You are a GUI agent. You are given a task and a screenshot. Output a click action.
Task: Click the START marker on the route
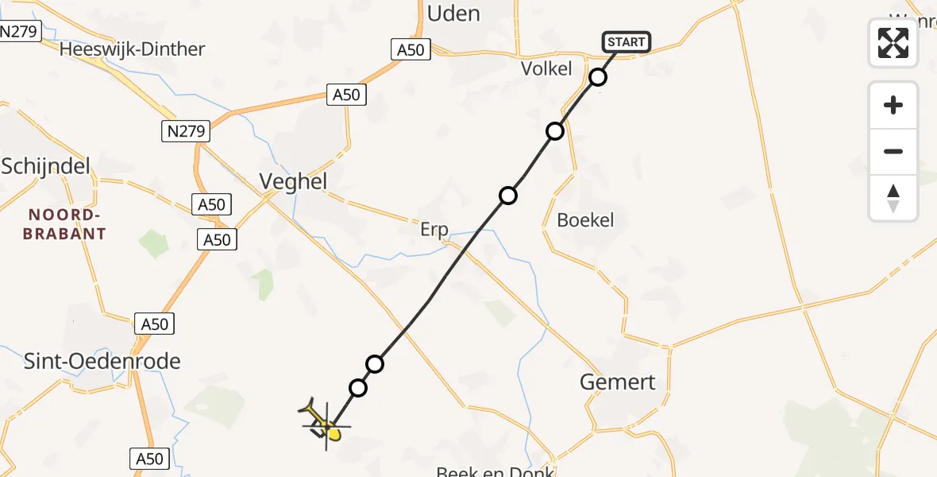(627, 42)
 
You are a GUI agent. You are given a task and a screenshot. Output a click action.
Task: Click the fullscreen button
(893, 43)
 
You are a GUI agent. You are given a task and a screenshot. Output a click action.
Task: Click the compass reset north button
(893, 198)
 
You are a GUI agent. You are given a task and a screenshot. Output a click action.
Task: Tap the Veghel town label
(293, 181)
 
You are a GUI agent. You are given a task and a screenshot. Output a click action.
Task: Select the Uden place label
(453, 14)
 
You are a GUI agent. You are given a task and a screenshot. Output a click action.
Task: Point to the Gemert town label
(618, 382)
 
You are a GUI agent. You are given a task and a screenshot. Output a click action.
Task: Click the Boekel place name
(586, 220)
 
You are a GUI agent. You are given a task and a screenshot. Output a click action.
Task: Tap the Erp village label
(434, 230)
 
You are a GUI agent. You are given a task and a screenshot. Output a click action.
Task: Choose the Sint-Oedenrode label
(102, 362)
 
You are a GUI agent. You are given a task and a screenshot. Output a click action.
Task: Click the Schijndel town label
(45, 166)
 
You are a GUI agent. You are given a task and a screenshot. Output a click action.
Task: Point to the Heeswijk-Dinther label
(133, 49)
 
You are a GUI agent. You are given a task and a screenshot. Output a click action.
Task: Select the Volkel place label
(546, 69)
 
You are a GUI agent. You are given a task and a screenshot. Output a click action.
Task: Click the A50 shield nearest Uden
(411, 49)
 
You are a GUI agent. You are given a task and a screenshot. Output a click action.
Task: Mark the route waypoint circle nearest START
(598, 77)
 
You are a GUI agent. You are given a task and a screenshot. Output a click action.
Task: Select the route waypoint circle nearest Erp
(507, 195)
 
